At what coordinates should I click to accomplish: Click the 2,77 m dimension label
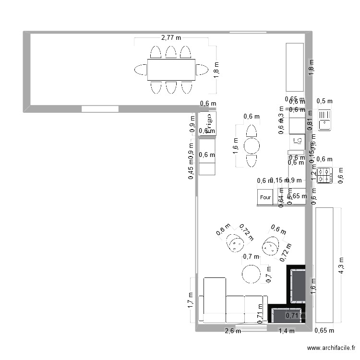171,37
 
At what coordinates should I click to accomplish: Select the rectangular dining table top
171,70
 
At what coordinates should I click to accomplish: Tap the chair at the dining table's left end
141,70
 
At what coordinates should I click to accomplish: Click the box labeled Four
265,197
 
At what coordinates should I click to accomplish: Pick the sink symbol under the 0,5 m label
325,120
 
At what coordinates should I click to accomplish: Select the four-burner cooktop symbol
324,175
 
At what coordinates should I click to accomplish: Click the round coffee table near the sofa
251,274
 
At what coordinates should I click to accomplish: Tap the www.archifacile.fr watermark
332,348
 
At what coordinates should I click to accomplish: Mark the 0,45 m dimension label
191,170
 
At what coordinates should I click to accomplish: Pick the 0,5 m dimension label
325,101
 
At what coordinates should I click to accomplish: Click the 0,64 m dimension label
282,197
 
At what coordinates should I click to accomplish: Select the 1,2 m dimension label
314,176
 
